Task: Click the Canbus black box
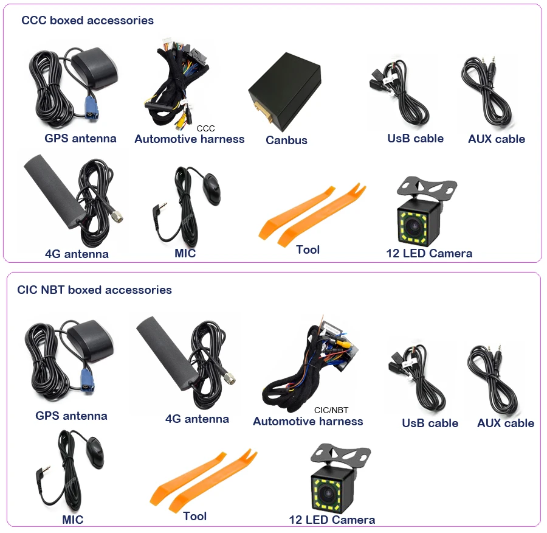[x=284, y=92]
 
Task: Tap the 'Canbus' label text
[x=286, y=140]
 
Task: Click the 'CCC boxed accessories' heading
[x=88, y=21]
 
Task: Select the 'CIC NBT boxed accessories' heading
[x=94, y=290]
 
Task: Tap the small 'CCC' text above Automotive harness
[x=205, y=128]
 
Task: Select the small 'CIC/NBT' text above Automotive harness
[x=331, y=410]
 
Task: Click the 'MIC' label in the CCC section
[x=185, y=253]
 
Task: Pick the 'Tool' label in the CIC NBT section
[x=194, y=516]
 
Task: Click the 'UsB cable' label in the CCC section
[x=415, y=139]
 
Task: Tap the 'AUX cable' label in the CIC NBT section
[x=505, y=423]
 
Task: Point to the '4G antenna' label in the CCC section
[x=77, y=254]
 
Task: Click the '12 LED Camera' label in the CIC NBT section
[x=332, y=520]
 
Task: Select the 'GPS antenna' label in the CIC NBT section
[x=71, y=416]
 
